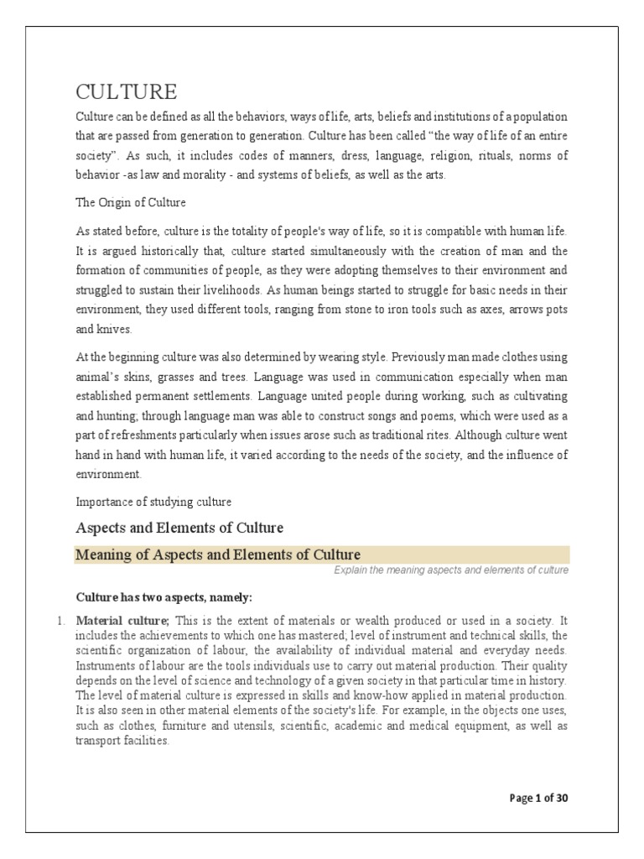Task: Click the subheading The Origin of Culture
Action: [x=131, y=202]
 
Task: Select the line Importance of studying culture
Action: [x=153, y=501]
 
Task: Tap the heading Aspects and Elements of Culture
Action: [x=179, y=528]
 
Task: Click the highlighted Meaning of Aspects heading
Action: [x=218, y=554]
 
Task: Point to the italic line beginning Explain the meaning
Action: [x=444, y=570]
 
